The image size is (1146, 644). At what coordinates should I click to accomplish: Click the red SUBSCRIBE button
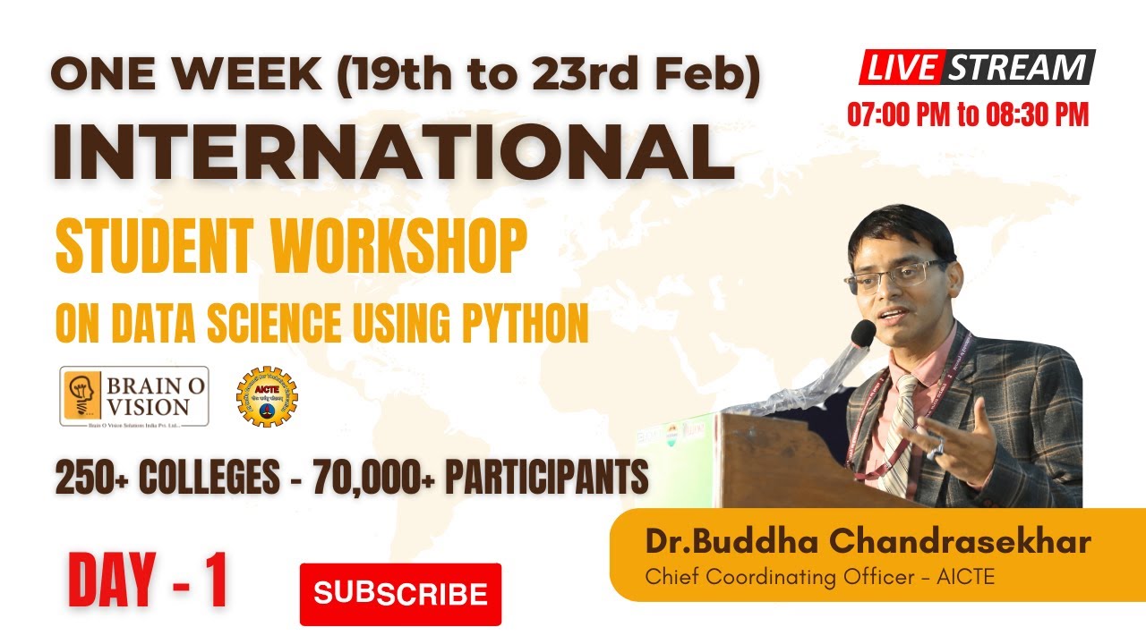click(x=400, y=593)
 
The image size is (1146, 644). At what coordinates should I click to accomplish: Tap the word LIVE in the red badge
click(x=902, y=68)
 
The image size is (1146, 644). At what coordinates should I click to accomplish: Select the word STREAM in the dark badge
click(x=1018, y=68)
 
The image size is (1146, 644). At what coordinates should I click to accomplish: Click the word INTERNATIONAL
click(x=394, y=152)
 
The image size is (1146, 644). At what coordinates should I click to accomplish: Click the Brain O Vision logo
click(x=134, y=396)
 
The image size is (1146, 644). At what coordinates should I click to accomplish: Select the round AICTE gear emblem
click(x=267, y=396)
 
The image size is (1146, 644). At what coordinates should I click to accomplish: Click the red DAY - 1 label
click(x=148, y=580)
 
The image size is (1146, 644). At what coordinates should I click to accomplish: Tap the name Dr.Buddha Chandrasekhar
click(x=868, y=542)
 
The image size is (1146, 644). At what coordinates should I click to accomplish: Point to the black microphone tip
click(x=863, y=334)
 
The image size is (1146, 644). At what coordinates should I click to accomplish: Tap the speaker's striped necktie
click(x=899, y=429)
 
